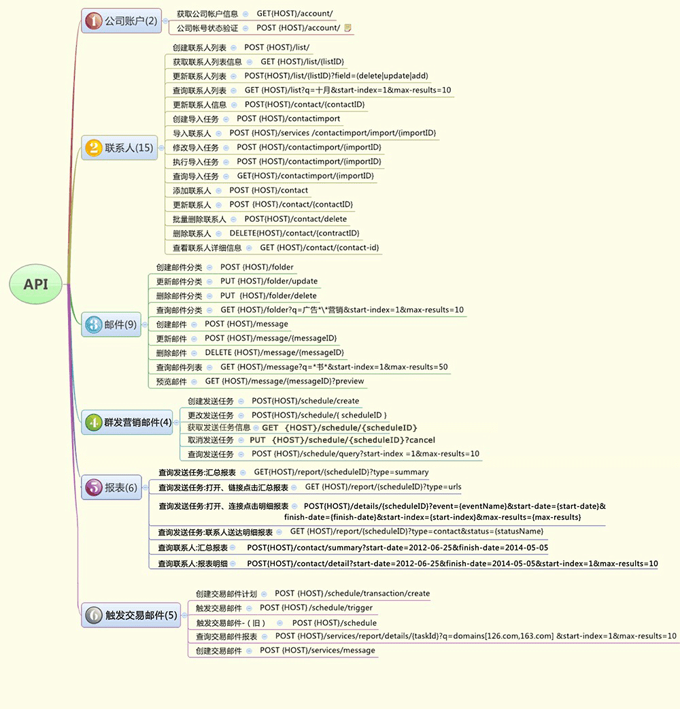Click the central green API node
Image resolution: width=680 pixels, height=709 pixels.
[36, 284]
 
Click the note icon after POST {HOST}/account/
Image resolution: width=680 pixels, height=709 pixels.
[348, 28]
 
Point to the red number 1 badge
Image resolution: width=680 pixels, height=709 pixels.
[93, 21]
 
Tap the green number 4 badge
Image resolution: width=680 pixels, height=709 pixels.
[93, 422]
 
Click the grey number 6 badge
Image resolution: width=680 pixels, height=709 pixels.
[93, 615]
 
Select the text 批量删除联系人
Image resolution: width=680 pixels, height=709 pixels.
[199, 219]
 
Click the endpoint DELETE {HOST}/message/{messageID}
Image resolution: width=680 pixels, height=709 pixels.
[274, 352]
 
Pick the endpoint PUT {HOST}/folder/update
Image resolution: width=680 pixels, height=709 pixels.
[269, 281]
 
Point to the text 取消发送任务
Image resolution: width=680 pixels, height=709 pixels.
[211, 440]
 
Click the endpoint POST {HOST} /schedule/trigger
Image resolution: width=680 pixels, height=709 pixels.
[316, 608]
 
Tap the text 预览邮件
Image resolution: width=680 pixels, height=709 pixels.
[171, 381]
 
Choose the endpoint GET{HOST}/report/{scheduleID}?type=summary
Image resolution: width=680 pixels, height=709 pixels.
[341, 472]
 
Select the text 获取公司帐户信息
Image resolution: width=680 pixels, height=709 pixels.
[207, 14]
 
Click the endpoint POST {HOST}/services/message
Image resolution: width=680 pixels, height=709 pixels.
[317, 650]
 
